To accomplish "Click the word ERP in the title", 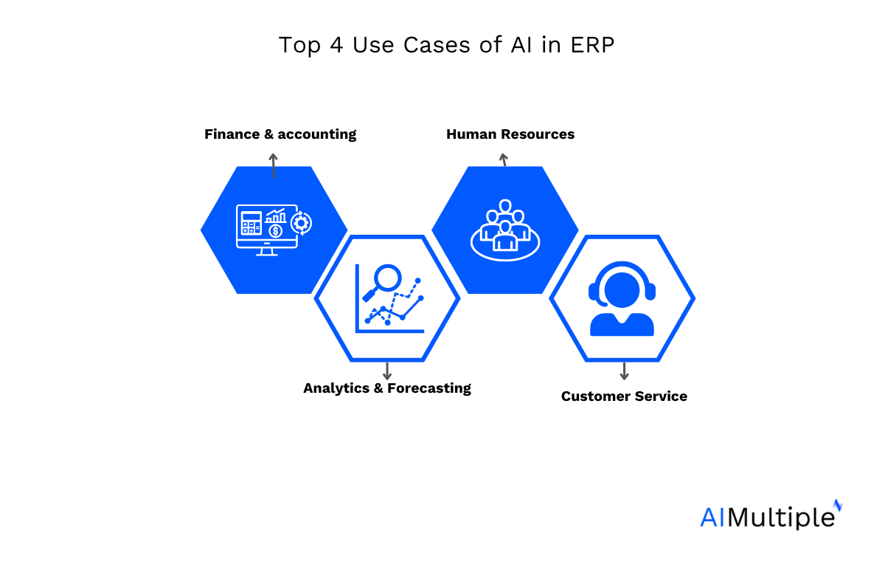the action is [592, 45].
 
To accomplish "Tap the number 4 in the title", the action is [336, 45].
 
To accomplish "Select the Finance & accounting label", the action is [280, 134].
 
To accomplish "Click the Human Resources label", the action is [510, 134].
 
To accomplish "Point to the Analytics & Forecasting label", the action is [386, 388].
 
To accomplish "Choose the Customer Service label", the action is [624, 396].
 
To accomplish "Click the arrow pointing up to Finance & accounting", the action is [273, 166].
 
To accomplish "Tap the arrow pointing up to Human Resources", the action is [503, 159].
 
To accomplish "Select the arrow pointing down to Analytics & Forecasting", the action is [387, 371].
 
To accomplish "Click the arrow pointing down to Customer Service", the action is [624, 371].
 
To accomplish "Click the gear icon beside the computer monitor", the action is [301, 223].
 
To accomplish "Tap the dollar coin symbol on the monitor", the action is [275, 231].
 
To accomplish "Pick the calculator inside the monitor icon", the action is [251, 223].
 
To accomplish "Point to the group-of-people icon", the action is [505, 230].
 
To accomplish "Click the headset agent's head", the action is [622, 290].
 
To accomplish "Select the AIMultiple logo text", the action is [771, 515].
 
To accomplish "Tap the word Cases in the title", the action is [437, 45].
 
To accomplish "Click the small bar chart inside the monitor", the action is [276, 216].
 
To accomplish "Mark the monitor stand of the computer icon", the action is [267, 252].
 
